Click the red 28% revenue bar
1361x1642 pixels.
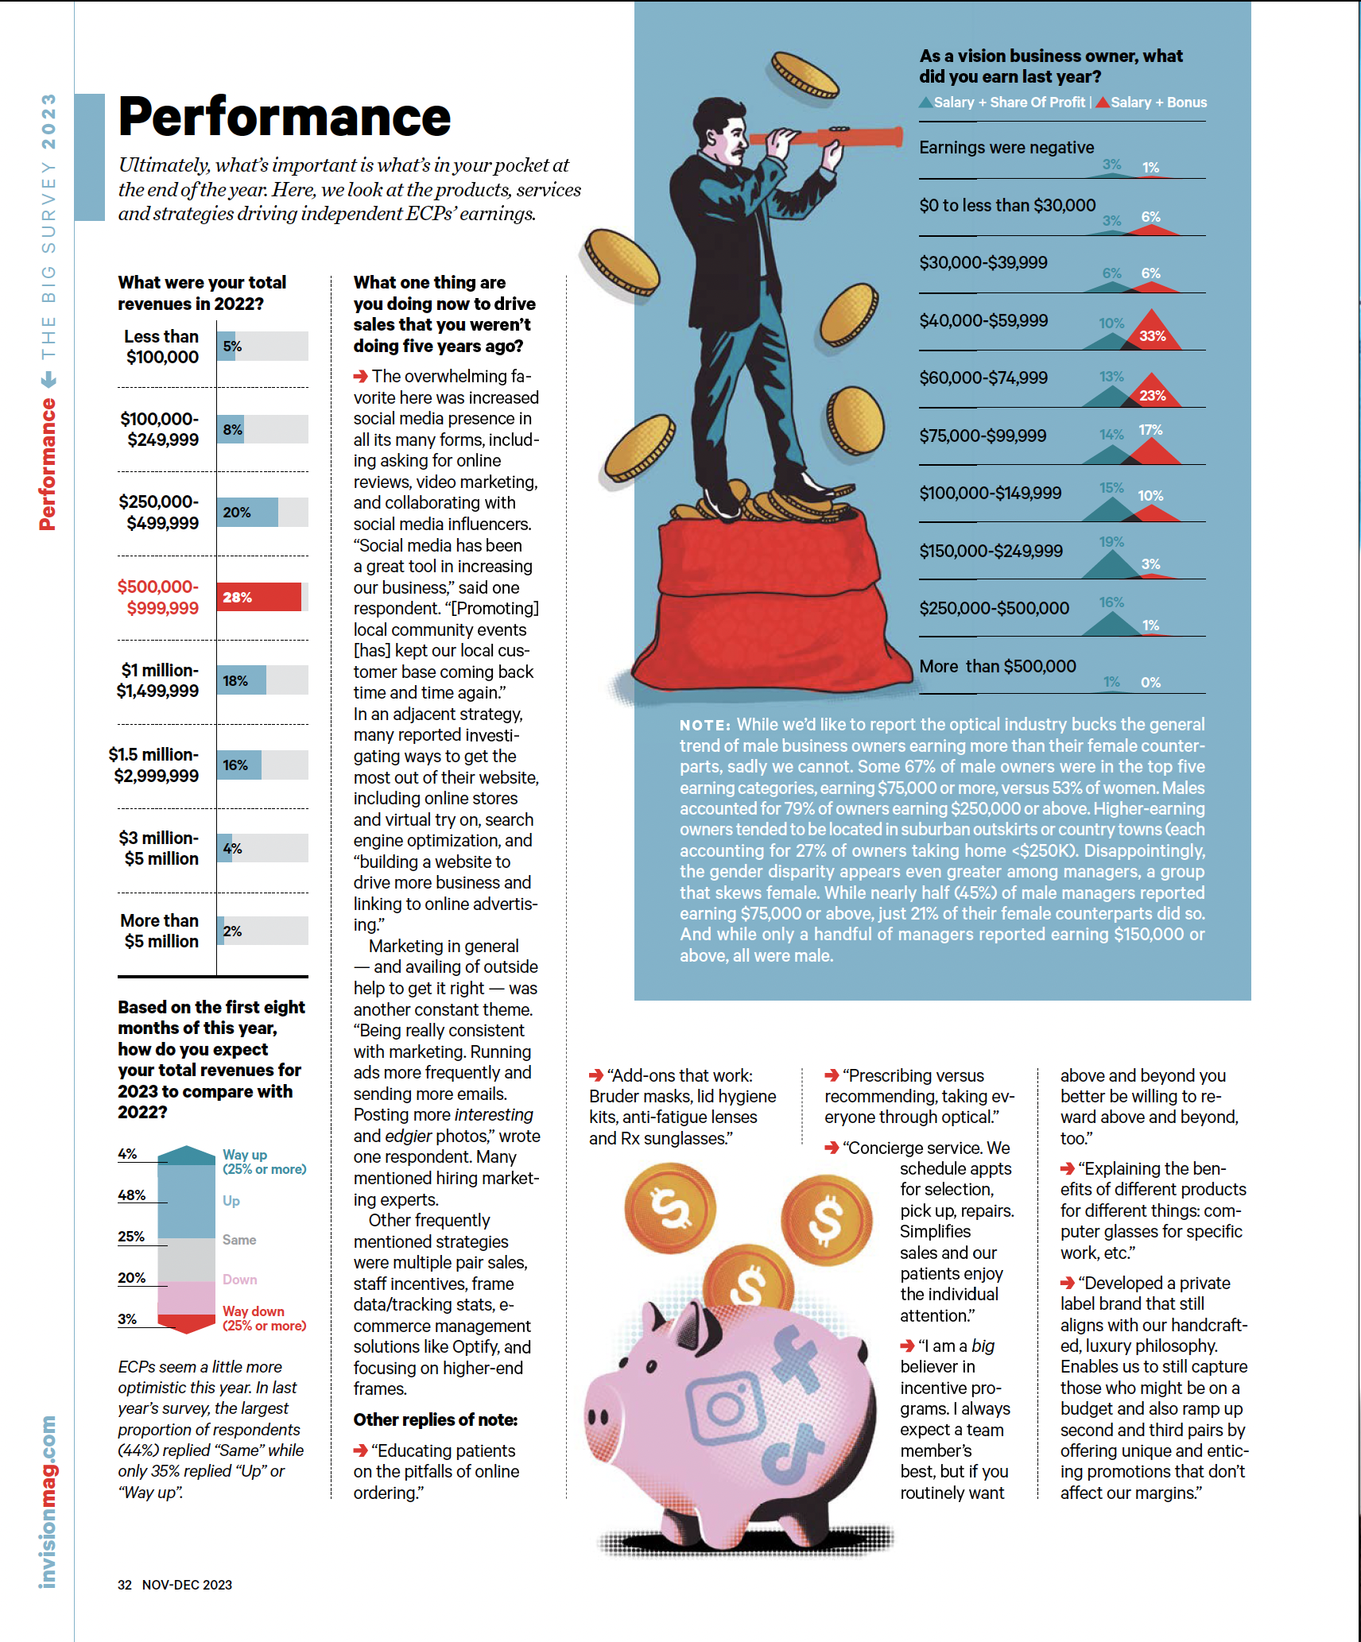(x=258, y=597)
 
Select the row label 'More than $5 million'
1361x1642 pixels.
(x=160, y=931)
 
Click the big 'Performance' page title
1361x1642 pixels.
(x=285, y=117)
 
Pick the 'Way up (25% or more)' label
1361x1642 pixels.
(x=264, y=1161)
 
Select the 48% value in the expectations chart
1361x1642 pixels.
(x=131, y=1195)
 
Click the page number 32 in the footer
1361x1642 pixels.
(x=125, y=1585)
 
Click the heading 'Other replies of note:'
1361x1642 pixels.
(x=436, y=1419)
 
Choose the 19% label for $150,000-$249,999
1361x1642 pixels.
(x=1111, y=542)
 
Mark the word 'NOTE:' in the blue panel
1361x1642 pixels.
(x=704, y=725)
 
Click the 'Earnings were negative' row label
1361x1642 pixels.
(x=1006, y=148)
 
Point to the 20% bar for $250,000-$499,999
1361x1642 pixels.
(x=247, y=513)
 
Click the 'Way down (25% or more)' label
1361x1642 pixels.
(x=264, y=1318)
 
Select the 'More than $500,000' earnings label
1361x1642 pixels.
(x=998, y=666)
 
